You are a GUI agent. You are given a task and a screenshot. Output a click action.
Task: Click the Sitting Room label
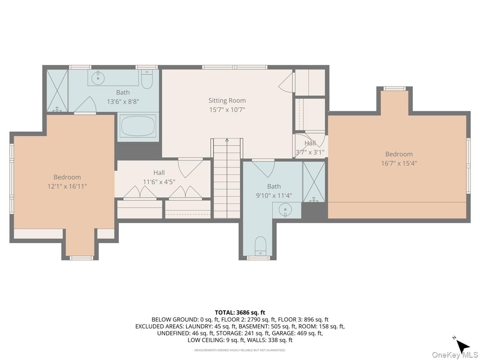[x=227, y=100]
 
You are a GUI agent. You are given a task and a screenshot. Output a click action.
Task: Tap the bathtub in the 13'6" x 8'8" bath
[x=138, y=127]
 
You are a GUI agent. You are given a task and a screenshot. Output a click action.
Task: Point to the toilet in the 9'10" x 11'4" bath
[x=260, y=245]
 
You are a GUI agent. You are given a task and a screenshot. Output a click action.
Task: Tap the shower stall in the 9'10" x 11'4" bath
[x=314, y=182]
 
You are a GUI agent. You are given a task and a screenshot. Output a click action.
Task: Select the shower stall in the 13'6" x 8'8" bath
[x=57, y=91]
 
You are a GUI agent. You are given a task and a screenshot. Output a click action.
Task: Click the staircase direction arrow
[x=227, y=140]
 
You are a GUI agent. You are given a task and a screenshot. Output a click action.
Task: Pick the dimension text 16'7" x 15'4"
[x=399, y=163]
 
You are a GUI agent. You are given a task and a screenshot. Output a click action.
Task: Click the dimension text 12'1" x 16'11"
[x=67, y=186]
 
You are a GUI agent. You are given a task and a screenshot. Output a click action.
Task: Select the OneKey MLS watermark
[x=455, y=355]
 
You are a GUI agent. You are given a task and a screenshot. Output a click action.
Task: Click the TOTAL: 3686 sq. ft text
[x=240, y=312]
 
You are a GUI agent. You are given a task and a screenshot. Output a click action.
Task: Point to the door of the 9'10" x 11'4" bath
[x=263, y=168]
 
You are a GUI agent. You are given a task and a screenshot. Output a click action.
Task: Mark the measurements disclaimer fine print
[x=240, y=350]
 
